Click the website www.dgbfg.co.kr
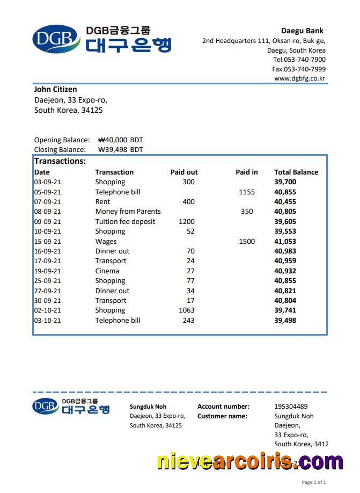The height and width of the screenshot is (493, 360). click(x=299, y=78)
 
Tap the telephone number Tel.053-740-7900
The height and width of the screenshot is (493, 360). click(x=299, y=60)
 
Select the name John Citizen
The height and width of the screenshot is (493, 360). click(x=55, y=89)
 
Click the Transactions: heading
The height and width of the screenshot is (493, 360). click(x=60, y=161)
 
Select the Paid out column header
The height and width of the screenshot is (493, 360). click(x=183, y=172)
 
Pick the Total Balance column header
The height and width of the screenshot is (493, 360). click(x=296, y=172)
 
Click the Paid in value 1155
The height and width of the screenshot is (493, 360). click(x=247, y=192)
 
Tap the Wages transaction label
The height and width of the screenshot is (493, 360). click(x=106, y=242)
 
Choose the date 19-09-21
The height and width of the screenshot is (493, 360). click(x=47, y=271)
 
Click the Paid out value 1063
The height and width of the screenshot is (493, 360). click(x=187, y=310)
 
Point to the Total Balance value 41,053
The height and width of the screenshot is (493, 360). click(x=285, y=242)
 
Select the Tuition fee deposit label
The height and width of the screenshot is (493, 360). click(x=125, y=222)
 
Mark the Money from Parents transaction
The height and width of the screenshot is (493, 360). click(x=128, y=212)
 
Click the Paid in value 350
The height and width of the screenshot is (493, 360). click(x=247, y=212)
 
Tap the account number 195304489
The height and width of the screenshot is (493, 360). click(x=291, y=407)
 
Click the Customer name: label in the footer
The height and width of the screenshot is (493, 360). click(x=222, y=416)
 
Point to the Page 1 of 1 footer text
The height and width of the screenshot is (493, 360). click(x=314, y=482)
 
